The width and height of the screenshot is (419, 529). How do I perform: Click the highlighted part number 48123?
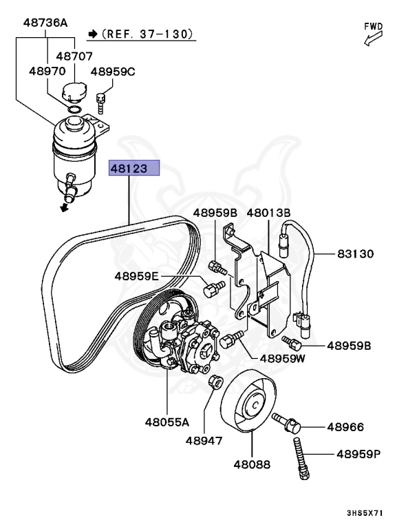(133, 168)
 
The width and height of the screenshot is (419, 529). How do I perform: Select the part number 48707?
(74, 56)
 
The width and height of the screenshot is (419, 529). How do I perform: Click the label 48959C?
(114, 71)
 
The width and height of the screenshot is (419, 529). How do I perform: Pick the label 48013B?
(268, 214)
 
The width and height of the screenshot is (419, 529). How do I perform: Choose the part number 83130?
(355, 253)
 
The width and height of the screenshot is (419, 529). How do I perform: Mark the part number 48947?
(205, 439)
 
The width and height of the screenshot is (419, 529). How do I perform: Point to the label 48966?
(345, 428)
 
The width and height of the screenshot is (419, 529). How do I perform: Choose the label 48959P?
(358, 454)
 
